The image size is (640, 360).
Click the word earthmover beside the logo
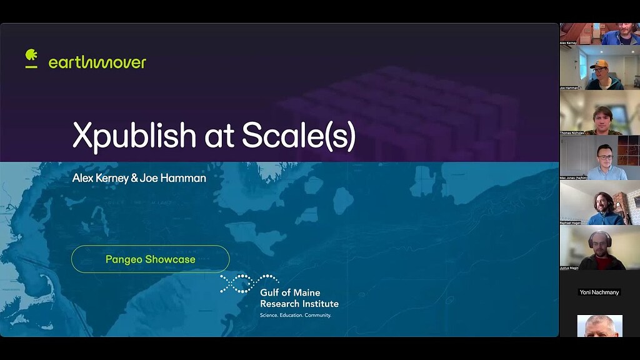tap(97, 62)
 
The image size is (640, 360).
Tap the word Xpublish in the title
tap(134, 135)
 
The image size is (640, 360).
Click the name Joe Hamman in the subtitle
tap(176, 178)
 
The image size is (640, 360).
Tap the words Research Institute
tap(299, 304)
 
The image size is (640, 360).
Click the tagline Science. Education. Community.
tap(295, 315)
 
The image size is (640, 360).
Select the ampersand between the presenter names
tap(134, 178)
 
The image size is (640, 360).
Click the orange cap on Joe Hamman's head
tap(599, 64)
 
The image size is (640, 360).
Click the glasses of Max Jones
tap(604, 154)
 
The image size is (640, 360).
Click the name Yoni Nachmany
tap(599, 292)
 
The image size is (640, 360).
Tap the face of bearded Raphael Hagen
tap(604, 204)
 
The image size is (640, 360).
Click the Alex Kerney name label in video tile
tap(568, 42)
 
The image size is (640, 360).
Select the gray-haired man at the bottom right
tap(599, 326)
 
